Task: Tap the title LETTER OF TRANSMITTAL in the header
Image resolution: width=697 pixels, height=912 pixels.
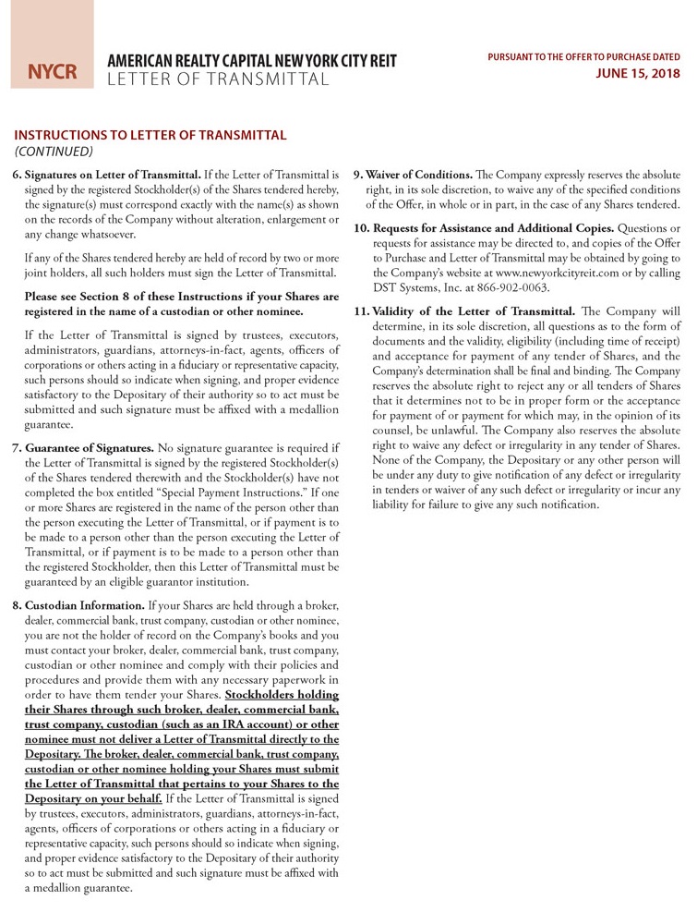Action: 218,79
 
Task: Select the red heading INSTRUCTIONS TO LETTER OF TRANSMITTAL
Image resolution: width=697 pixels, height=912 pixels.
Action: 150,135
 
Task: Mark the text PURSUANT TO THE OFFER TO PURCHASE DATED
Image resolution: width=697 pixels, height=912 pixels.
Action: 583,57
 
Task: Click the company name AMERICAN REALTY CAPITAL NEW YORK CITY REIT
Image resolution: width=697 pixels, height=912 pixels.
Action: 252,61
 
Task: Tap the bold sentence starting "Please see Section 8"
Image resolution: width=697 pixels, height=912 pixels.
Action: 182,304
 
